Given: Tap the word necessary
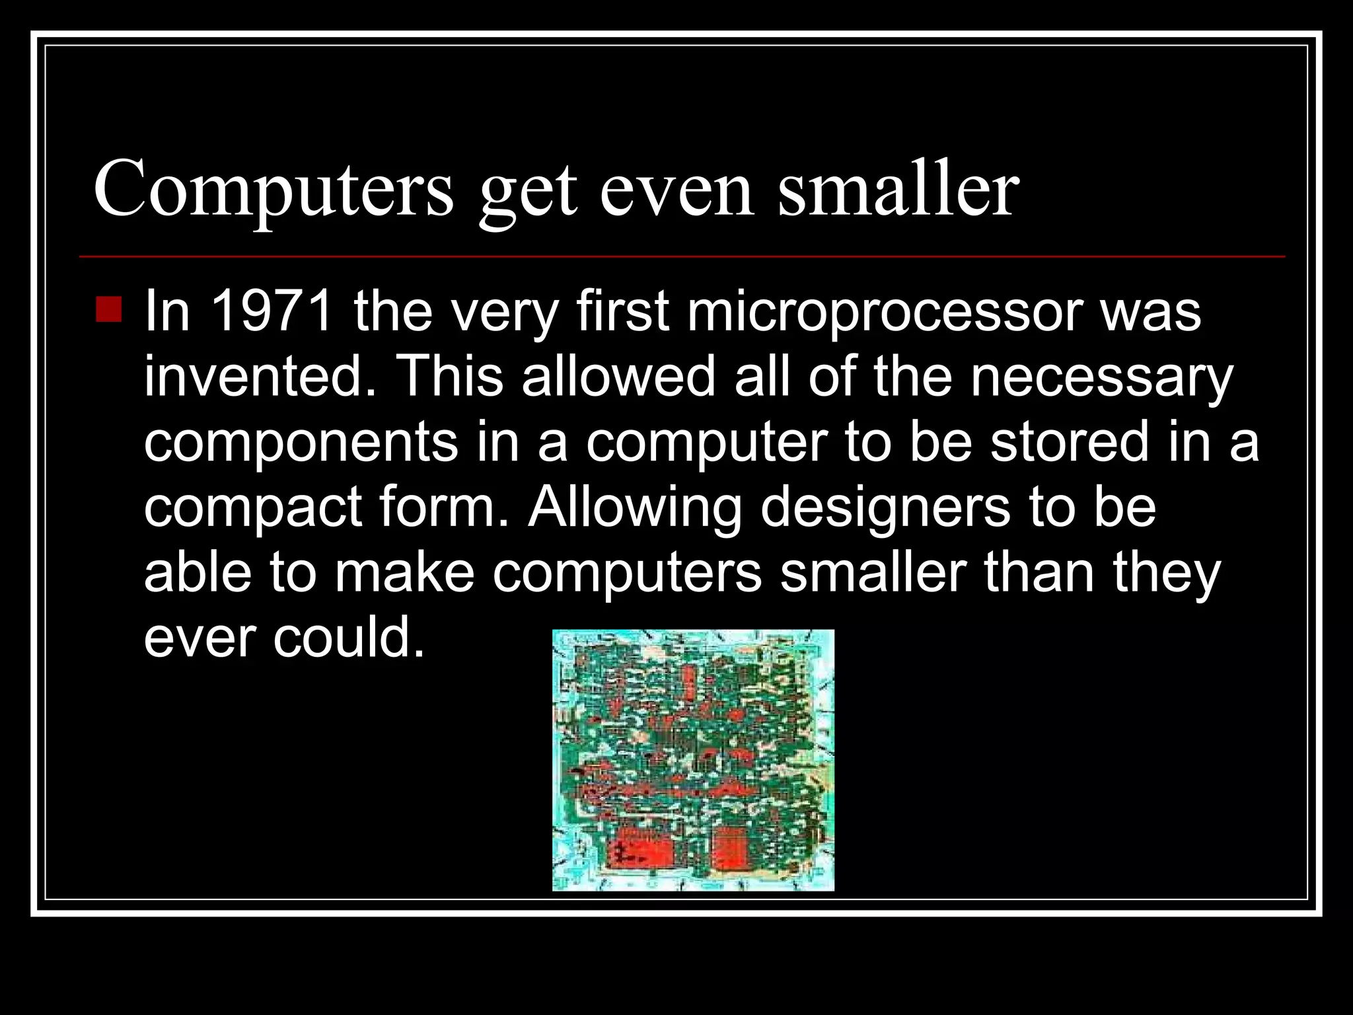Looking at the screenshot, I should [1101, 377].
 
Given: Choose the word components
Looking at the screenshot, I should [301, 443].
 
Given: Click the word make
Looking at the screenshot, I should [404, 572].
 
